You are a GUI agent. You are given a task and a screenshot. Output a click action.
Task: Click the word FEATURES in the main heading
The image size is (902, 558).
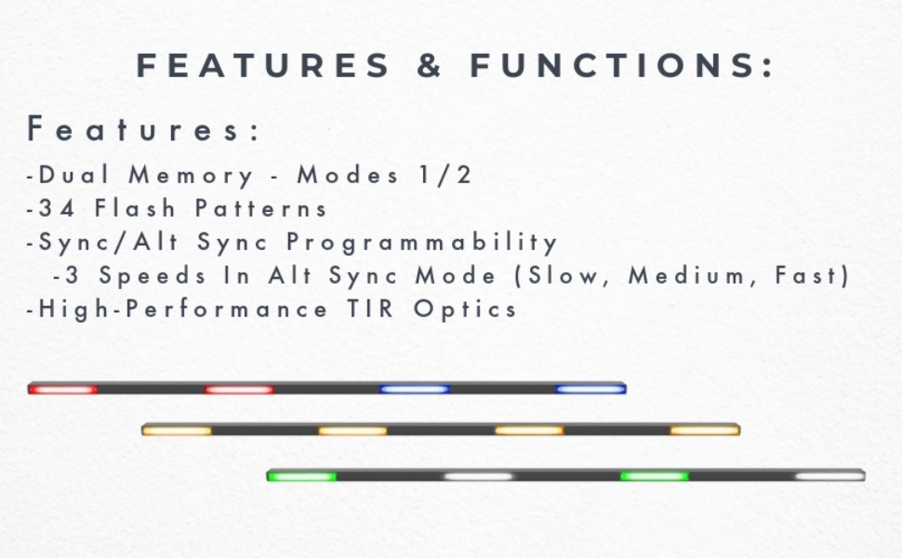[x=263, y=65]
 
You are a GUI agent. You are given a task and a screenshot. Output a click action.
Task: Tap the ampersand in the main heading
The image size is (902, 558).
[x=430, y=65]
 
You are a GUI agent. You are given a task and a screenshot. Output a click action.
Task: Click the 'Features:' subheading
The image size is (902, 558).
[x=144, y=128]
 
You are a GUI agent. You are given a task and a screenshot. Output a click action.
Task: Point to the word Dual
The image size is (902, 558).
[x=73, y=175]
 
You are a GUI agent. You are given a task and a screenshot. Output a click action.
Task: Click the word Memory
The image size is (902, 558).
[x=191, y=176]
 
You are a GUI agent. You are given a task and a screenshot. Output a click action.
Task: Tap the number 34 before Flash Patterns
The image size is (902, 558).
[x=57, y=208]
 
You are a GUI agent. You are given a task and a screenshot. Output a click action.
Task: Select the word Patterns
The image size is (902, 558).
[x=261, y=208]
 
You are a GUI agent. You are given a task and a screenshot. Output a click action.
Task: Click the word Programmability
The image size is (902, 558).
[x=421, y=243]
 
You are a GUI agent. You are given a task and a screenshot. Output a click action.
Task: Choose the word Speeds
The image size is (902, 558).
[x=153, y=276]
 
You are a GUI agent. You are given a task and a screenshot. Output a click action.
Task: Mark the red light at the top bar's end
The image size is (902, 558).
[x=62, y=390]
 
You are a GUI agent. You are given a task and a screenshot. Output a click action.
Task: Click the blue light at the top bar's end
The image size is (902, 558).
[x=590, y=389]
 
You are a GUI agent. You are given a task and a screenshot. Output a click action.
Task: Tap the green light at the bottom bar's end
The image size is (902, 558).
[x=302, y=476]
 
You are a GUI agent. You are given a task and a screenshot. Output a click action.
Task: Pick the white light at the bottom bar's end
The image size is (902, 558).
[x=830, y=476]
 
